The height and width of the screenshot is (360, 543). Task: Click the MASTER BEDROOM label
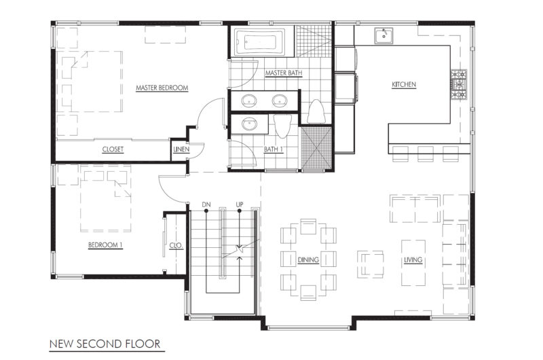(x=162, y=88)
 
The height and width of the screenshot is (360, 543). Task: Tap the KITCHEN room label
(x=404, y=84)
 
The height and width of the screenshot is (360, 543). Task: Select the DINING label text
(x=308, y=260)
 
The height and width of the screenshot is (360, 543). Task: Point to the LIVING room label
(x=413, y=260)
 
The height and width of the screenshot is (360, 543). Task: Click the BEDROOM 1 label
(x=105, y=245)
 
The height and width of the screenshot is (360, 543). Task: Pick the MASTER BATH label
(x=284, y=73)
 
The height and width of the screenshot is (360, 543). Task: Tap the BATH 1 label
(x=274, y=149)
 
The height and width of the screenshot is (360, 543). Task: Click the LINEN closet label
(x=181, y=149)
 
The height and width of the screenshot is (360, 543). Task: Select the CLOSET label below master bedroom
(x=113, y=149)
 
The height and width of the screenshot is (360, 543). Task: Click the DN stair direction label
(x=206, y=204)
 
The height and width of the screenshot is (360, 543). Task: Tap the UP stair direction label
(x=240, y=204)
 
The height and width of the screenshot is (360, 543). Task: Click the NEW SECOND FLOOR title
(x=105, y=344)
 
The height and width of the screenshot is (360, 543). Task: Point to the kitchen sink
(x=383, y=36)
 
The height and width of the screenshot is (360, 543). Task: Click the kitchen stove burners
(x=459, y=84)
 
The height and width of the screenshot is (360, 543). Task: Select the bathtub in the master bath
(x=260, y=42)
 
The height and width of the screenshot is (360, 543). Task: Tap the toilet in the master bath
(x=316, y=111)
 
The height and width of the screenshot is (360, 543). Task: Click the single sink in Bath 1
(x=248, y=124)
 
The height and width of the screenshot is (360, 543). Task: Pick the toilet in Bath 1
(x=282, y=126)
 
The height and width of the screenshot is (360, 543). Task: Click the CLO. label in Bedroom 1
(x=176, y=246)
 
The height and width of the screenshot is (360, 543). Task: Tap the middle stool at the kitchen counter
(x=426, y=154)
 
